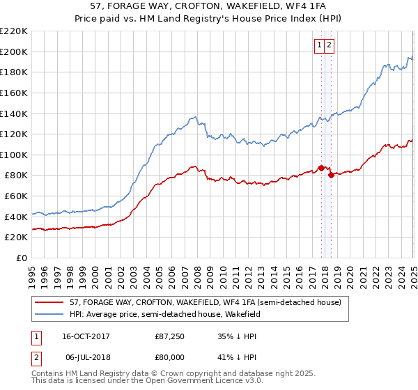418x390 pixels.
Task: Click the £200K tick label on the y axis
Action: (15, 52)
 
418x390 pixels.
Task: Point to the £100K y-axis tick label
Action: (15, 155)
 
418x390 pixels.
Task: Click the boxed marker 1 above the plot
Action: (320, 45)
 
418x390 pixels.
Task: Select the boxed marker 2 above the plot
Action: (330, 45)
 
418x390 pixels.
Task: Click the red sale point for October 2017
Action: (321, 168)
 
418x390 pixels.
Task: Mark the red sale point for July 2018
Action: (331, 175)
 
